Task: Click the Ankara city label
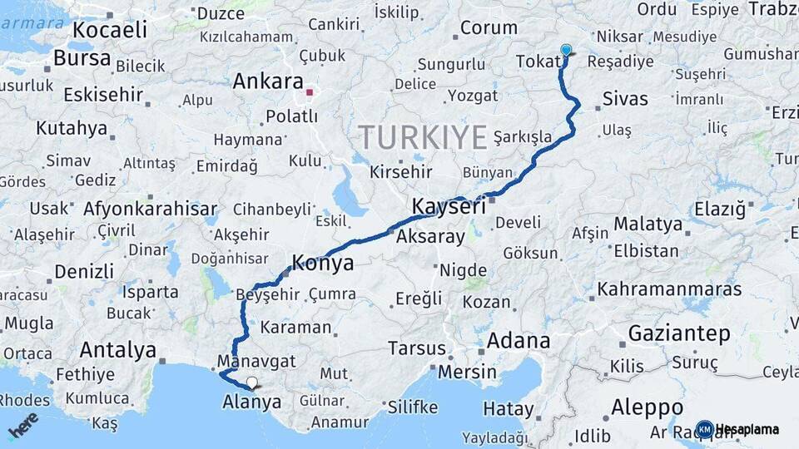click(267, 82)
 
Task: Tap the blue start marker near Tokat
click(566, 51)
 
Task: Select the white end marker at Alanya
click(251, 382)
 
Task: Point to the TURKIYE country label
click(422, 136)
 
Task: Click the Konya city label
click(322, 264)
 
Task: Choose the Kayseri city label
click(449, 207)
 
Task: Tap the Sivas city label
click(625, 99)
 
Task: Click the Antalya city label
click(118, 350)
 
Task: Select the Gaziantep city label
click(679, 333)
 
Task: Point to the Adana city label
click(519, 341)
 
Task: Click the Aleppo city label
click(647, 407)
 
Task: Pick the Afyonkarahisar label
click(150, 209)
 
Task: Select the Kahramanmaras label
click(669, 289)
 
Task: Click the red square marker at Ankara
click(310, 91)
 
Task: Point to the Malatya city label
click(648, 224)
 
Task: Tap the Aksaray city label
click(430, 237)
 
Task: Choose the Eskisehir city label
click(102, 94)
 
